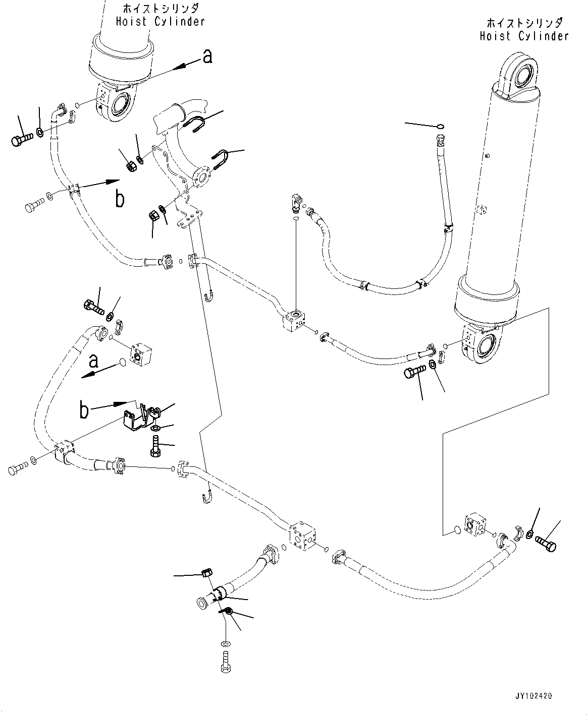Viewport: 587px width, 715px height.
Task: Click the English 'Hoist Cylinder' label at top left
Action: tap(161, 21)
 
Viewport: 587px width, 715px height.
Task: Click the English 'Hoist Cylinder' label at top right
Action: tap(524, 36)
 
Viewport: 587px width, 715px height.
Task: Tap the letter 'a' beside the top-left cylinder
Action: tap(207, 56)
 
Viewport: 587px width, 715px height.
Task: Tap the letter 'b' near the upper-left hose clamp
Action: tap(120, 199)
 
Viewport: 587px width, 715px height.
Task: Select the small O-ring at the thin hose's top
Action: tap(440, 127)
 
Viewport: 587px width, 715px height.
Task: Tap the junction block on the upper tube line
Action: tap(295, 320)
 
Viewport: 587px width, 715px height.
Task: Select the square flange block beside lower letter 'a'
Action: tap(141, 355)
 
